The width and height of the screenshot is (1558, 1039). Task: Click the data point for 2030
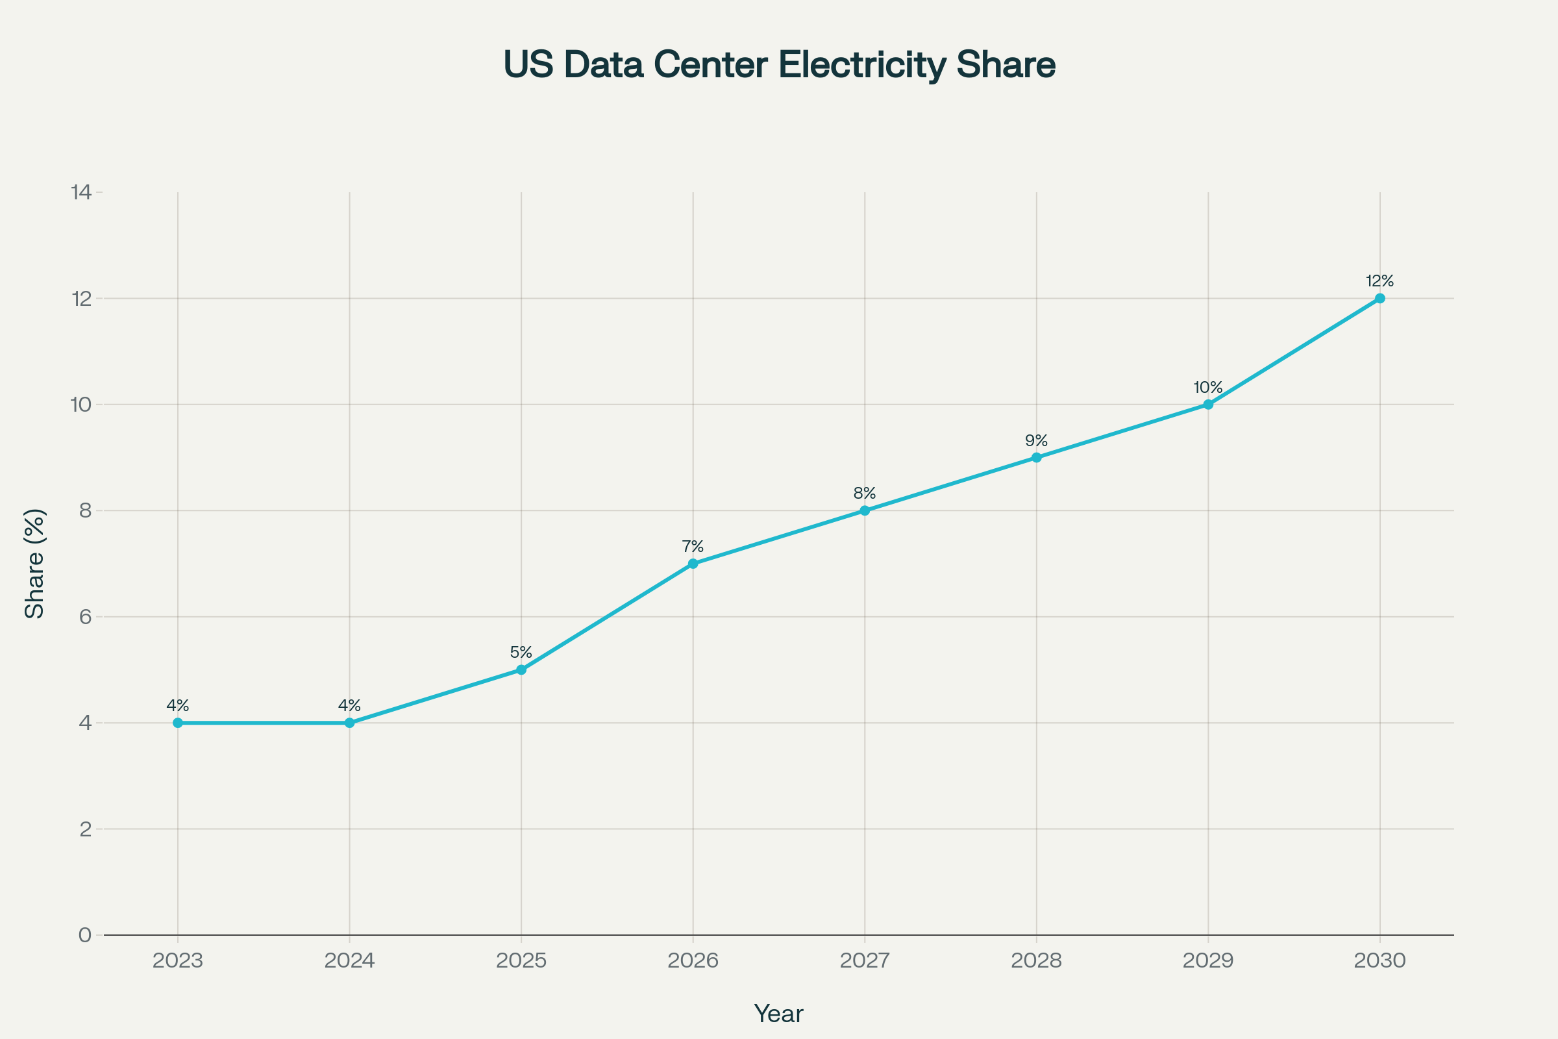click(x=1380, y=298)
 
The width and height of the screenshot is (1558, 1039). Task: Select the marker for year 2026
click(x=693, y=563)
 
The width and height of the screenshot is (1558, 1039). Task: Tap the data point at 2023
click(x=177, y=723)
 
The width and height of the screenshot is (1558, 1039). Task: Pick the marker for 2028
click(x=1037, y=457)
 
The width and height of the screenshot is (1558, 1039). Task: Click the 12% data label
click(x=1380, y=281)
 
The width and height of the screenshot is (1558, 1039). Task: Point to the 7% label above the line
click(x=693, y=547)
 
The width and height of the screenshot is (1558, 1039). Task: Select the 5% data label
click(x=521, y=653)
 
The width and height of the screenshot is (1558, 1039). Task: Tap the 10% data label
click(x=1207, y=388)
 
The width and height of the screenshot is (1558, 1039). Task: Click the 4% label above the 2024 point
click(x=350, y=706)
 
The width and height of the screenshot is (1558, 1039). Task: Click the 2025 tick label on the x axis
click(x=521, y=961)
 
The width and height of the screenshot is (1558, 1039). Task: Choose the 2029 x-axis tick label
click(x=1208, y=961)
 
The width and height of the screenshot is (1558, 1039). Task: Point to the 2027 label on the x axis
click(x=865, y=961)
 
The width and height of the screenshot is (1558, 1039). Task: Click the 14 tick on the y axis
click(x=82, y=193)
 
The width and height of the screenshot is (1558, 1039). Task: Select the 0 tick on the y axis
click(x=85, y=935)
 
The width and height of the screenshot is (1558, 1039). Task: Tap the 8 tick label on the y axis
click(x=85, y=511)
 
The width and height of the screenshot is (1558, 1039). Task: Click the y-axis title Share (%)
click(x=34, y=564)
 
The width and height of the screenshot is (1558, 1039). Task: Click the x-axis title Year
click(x=778, y=1014)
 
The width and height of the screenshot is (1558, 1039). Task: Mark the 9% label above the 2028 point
click(x=1037, y=441)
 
